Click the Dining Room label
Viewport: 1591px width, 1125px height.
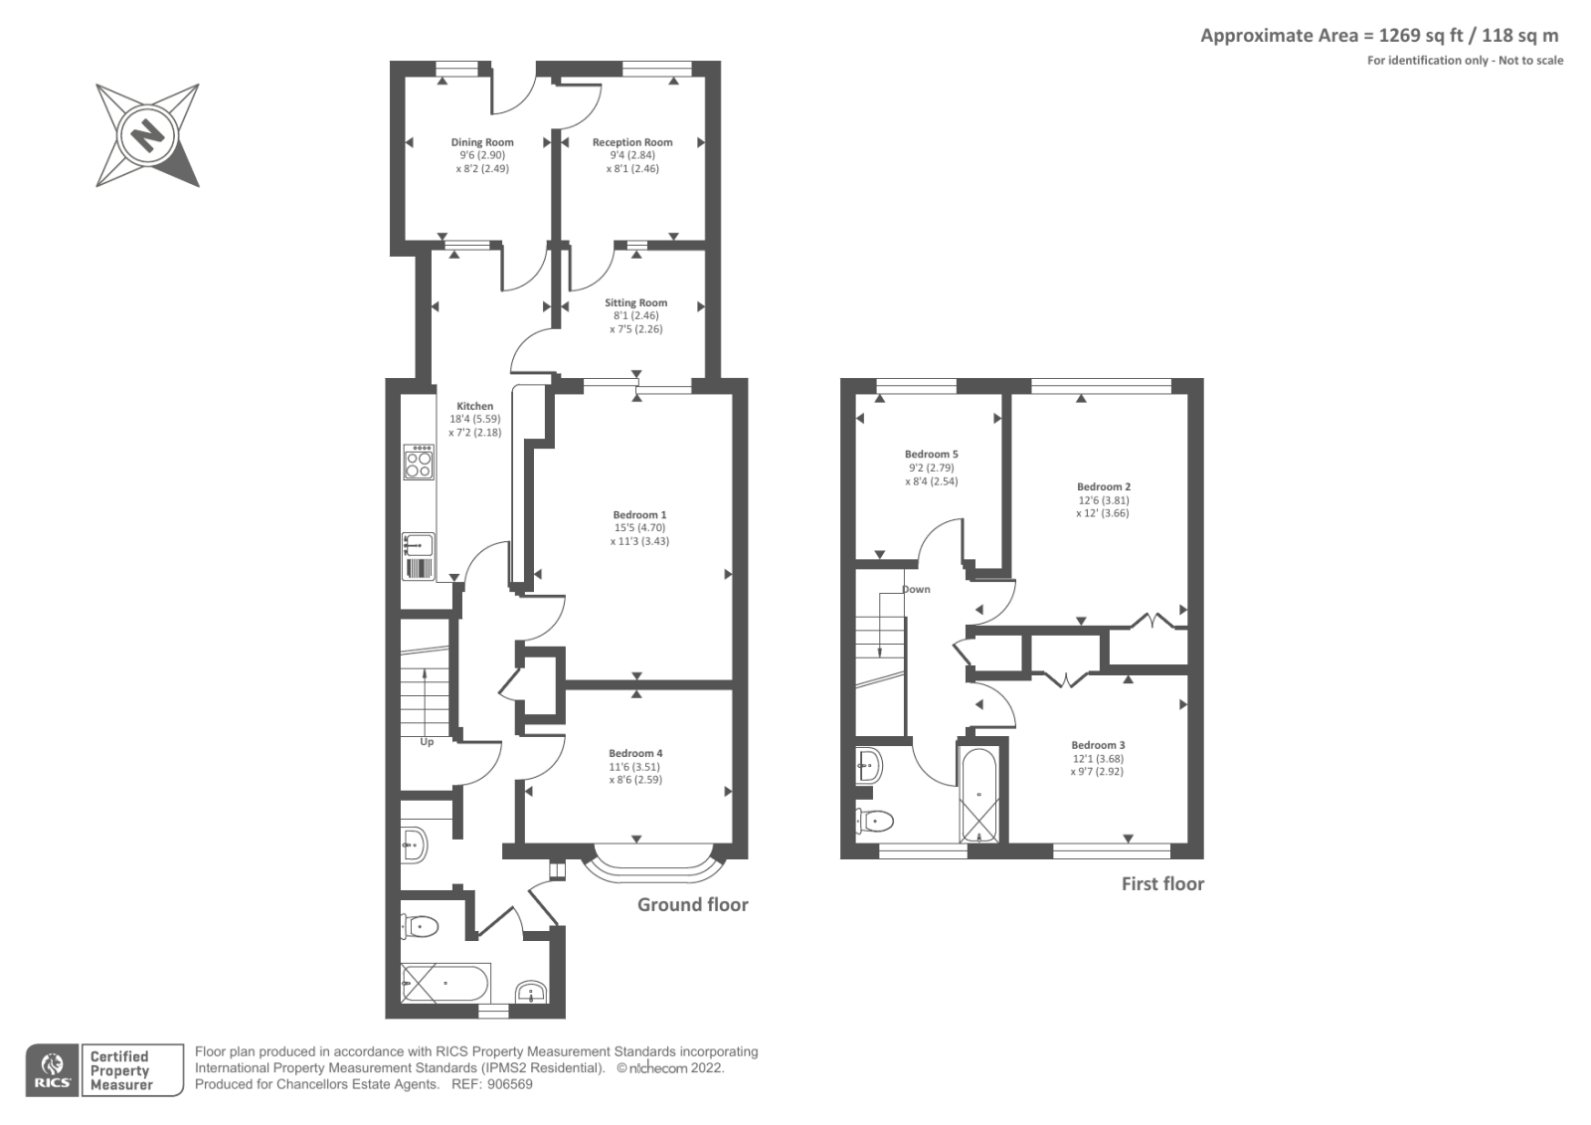(482, 142)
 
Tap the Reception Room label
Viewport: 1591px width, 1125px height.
(632, 142)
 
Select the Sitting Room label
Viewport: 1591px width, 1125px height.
(635, 302)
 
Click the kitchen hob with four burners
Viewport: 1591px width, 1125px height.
(419, 463)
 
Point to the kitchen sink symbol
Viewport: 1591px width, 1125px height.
(418, 545)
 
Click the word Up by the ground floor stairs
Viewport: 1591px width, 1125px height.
(427, 741)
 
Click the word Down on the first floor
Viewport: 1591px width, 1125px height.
(916, 589)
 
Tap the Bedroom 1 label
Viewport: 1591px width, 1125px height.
(639, 514)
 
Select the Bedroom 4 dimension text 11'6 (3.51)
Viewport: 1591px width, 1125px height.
(634, 767)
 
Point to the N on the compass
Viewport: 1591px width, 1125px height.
(148, 134)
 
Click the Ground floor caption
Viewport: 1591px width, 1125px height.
(692, 904)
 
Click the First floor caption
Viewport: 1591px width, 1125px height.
(1162, 883)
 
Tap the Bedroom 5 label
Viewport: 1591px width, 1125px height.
(931, 454)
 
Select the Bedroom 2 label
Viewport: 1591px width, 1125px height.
(1103, 486)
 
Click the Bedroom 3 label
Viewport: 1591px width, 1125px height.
(1098, 745)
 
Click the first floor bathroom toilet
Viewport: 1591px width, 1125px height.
(876, 821)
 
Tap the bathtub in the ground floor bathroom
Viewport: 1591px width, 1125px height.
(444, 984)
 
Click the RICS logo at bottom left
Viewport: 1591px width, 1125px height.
(53, 1070)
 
